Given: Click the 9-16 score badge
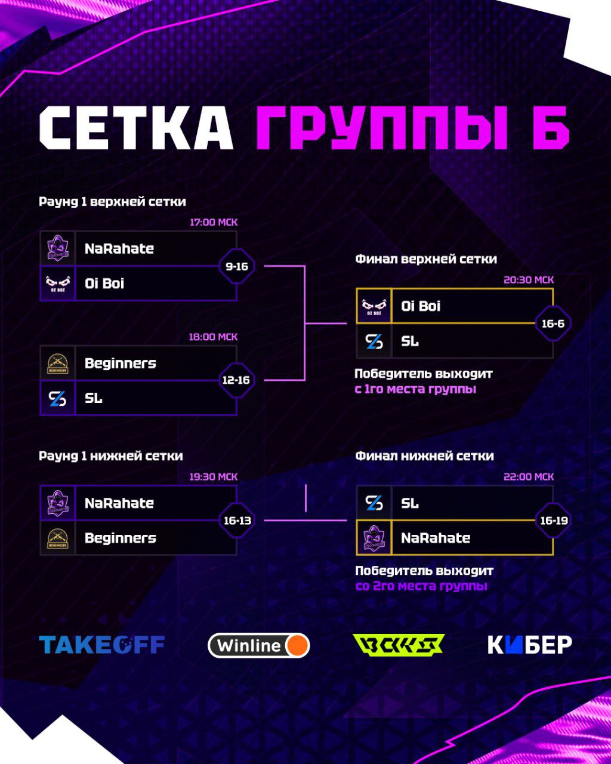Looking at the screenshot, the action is coord(237,266).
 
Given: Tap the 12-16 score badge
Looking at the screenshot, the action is coord(236,380).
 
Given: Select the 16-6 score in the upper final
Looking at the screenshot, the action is coord(553,324).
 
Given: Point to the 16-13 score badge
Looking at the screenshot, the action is coord(237,520).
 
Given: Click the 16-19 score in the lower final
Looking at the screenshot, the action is coord(554,520).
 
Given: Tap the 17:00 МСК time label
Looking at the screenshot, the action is coord(214,222).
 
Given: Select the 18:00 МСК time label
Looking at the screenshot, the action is coord(213,337).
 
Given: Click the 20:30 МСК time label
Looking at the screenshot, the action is coord(529,280).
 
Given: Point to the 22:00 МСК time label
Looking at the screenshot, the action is coord(529,477).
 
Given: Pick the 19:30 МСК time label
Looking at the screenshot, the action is coord(213,477).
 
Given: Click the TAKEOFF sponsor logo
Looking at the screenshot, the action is coord(101,645).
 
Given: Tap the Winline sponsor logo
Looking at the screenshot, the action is coord(259,645).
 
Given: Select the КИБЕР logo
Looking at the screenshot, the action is coord(530,645).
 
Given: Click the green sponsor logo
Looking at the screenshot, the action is coord(399,645).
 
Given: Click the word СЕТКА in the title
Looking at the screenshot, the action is coord(136,128).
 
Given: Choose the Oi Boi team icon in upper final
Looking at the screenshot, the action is coord(374,306).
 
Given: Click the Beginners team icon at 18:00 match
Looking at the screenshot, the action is coord(57,363).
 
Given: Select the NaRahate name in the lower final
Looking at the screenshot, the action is coord(435,538).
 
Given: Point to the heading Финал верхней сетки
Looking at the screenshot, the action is coord(426,259).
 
